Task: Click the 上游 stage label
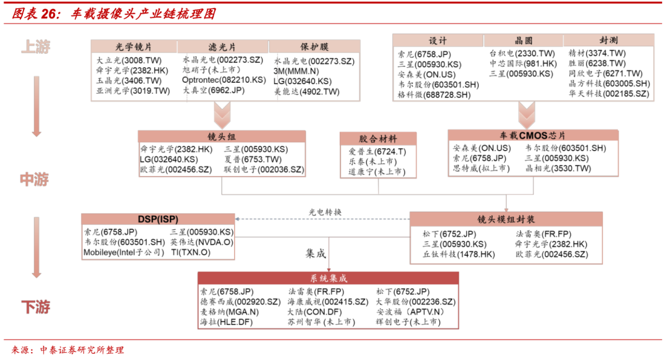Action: point(35,47)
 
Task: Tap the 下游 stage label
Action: point(35,307)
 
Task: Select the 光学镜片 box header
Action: point(133,47)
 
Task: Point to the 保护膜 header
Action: point(314,47)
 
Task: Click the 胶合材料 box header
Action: point(378,139)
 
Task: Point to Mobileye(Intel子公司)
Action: point(124,252)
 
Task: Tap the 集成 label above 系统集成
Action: point(315,253)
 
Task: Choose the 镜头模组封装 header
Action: point(506,219)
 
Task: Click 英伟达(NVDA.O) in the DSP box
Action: point(202,242)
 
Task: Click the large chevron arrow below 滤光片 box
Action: point(221,114)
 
